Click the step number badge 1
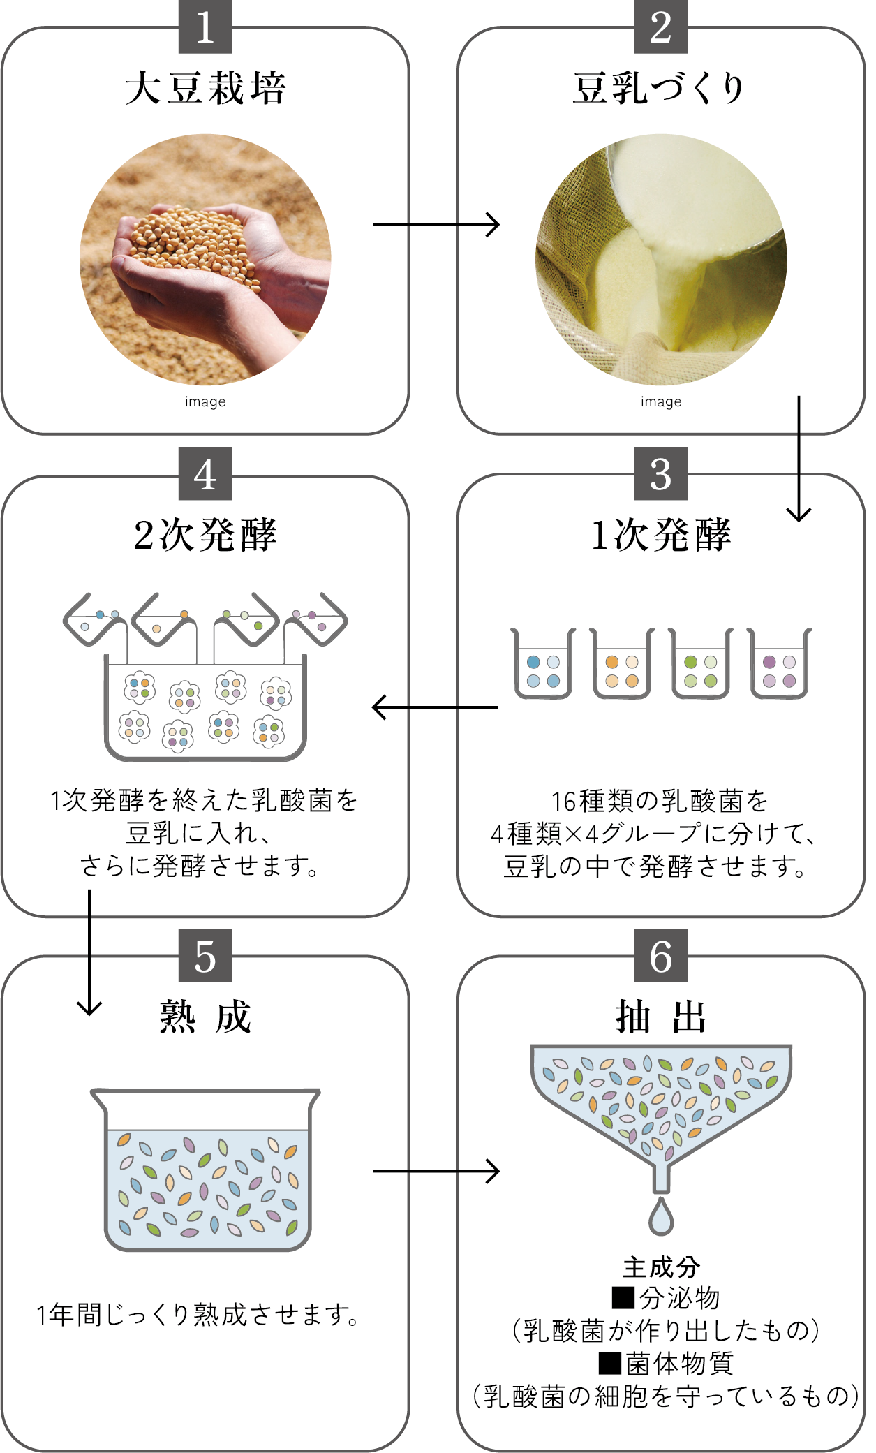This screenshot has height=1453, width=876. click(x=205, y=28)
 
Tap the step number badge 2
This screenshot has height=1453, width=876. click(x=661, y=28)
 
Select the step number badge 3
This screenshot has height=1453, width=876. click(x=661, y=474)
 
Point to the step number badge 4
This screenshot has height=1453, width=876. click(x=205, y=474)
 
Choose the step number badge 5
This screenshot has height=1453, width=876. click(x=205, y=956)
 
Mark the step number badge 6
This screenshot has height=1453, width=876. click(x=661, y=956)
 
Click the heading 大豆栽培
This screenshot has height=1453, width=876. click(x=205, y=89)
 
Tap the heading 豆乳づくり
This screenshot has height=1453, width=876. click(x=660, y=89)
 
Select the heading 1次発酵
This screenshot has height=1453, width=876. click(x=661, y=536)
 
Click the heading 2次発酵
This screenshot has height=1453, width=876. click(x=205, y=536)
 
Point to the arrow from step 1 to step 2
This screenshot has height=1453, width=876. click(x=436, y=224)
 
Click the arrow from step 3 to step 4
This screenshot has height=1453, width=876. click(x=436, y=707)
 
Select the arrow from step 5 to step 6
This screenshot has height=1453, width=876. click(x=436, y=1171)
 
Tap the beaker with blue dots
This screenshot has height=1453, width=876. click(x=544, y=664)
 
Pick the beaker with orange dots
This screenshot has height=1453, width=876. click(x=622, y=664)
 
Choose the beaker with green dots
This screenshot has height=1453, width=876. click(x=701, y=664)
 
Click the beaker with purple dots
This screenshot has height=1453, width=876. click(x=780, y=664)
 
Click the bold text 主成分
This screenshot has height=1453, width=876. click(x=661, y=1267)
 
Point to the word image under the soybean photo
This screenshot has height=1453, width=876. click(x=205, y=401)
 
